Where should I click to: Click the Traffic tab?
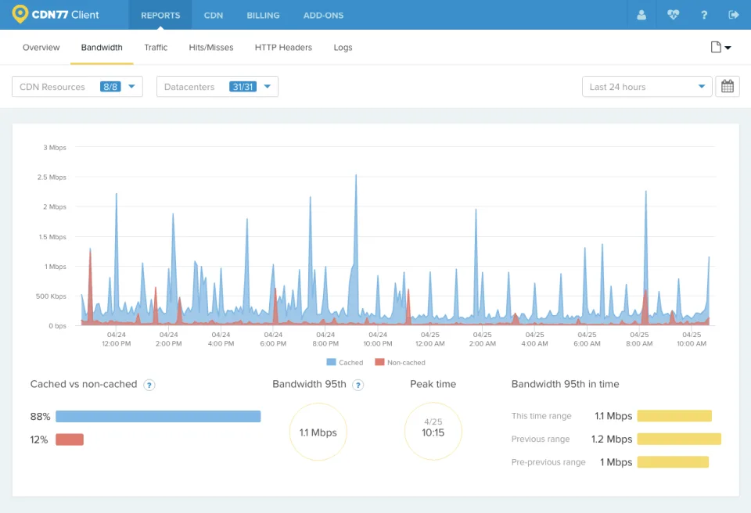tap(156, 48)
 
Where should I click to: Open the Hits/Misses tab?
tap(210, 48)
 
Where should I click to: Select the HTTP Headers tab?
tap(283, 48)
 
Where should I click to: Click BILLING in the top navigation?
tap(263, 16)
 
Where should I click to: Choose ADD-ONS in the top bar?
tap(323, 16)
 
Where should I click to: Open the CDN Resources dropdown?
tap(77, 87)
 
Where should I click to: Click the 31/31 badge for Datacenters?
tap(243, 87)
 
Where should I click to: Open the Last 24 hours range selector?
tap(647, 87)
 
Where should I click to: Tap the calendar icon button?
tap(727, 87)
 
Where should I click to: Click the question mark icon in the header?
tap(703, 16)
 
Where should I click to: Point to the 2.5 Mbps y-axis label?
tap(52, 178)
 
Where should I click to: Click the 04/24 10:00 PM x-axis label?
tap(377, 339)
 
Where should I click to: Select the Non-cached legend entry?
tap(400, 363)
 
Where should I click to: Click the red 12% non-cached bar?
tap(70, 439)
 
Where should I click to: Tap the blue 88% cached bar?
tap(158, 416)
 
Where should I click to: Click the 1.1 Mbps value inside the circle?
tap(318, 432)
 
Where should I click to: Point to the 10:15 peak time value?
tap(433, 432)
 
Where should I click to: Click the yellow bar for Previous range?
tap(679, 439)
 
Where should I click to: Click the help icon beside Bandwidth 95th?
tap(358, 385)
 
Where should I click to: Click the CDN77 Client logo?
tap(56, 15)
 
